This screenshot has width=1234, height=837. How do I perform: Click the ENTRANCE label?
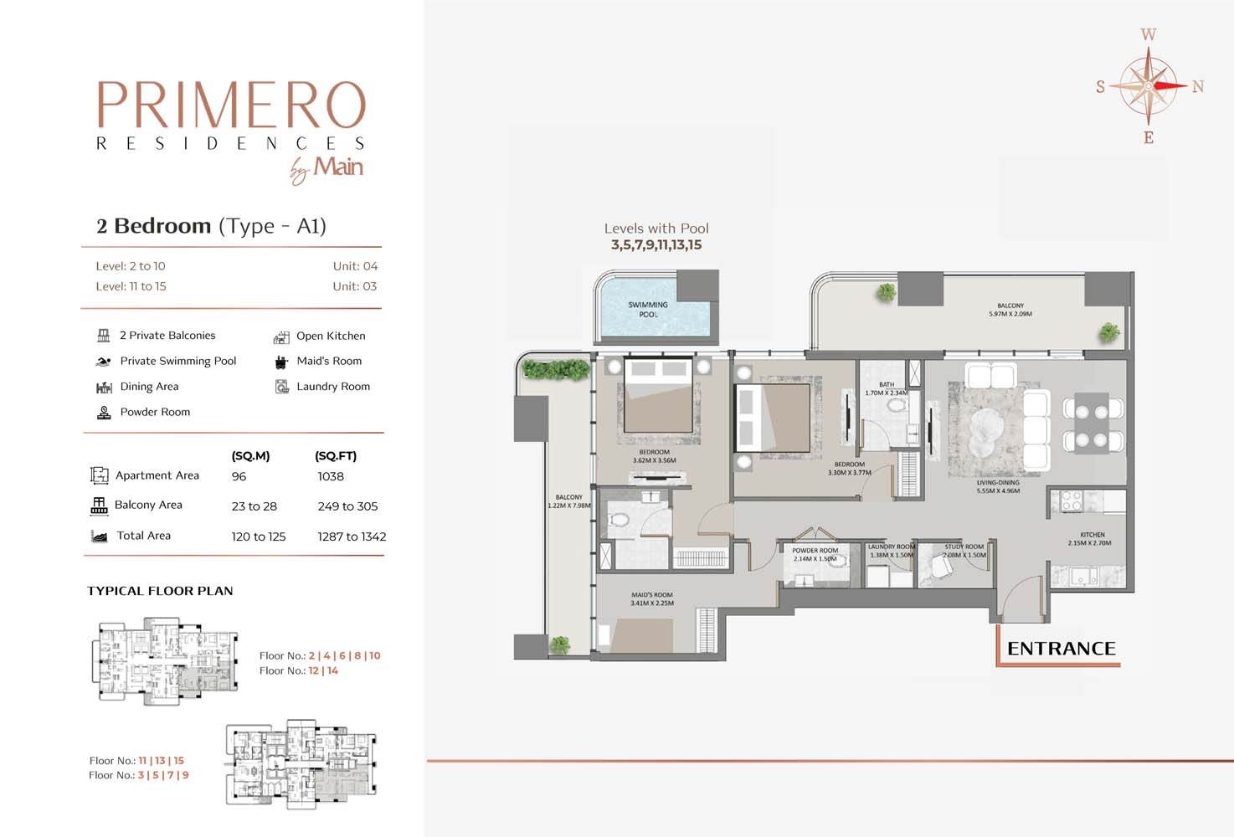(1061, 649)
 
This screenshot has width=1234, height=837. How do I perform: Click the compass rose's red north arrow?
(1170, 85)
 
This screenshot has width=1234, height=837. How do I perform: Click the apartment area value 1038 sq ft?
(331, 476)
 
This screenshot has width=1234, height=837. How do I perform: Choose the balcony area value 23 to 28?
(254, 506)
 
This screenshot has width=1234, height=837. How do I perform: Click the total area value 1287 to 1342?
(352, 537)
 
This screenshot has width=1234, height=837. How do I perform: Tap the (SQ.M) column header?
(250, 456)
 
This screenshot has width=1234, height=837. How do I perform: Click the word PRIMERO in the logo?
(232, 105)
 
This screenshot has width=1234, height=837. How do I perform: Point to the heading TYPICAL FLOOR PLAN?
(160, 591)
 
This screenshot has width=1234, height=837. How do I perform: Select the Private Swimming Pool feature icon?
(104, 362)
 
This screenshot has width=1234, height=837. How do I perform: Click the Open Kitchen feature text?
(331, 336)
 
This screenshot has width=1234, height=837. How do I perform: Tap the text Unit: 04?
(355, 266)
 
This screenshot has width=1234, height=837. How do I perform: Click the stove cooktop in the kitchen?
(1071, 501)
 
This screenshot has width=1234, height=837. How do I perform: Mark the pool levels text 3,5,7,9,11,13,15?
(656, 245)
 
